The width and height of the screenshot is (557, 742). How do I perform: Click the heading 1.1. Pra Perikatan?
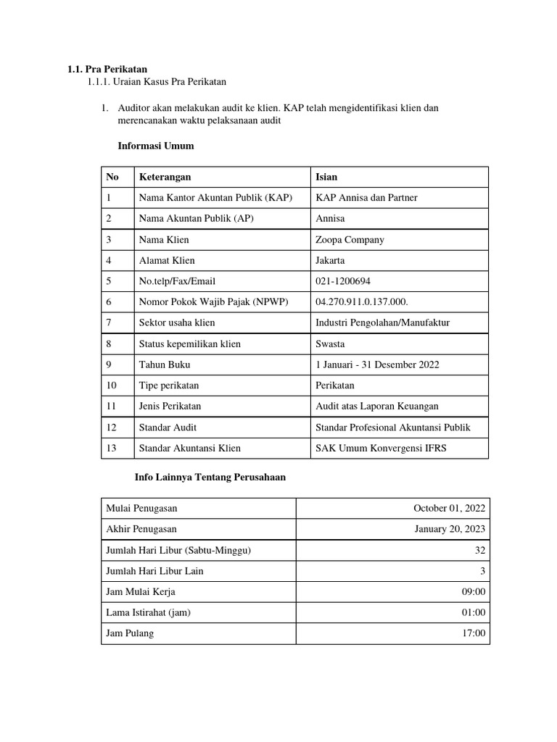pyautogui.click(x=107, y=70)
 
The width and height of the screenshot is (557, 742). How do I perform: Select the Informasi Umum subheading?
pyautogui.click(x=155, y=146)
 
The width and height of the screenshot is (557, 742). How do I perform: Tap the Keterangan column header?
pyautogui.click(x=165, y=177)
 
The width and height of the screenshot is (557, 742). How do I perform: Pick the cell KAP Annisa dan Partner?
pyautogui.click(x=366, y=198)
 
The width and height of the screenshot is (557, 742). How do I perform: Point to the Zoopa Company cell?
pyautogui.click(x=350, y=240)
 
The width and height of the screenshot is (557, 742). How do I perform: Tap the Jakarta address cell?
pyautogui.click(x=330, y=260)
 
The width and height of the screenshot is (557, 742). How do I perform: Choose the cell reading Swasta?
pyautogui.click(x=330, y=343)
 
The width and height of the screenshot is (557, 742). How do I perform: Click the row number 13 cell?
pyautogui.click(x=112, y=448)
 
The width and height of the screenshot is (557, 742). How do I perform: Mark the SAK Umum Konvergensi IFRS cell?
pyautogui.click(x=381, y=448)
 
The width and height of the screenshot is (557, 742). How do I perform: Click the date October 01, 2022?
pyautogui.click(x=449, y=509)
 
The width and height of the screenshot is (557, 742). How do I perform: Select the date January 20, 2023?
pyautogui.click(x=450, y=530)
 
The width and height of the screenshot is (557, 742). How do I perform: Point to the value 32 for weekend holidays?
pyautogui.click(x=479, y=551)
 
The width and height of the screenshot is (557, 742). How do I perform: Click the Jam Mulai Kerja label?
pyautogui.click(x=141, y=592)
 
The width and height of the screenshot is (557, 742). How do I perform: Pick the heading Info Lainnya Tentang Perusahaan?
pyautogui.click(x=210, y=478)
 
